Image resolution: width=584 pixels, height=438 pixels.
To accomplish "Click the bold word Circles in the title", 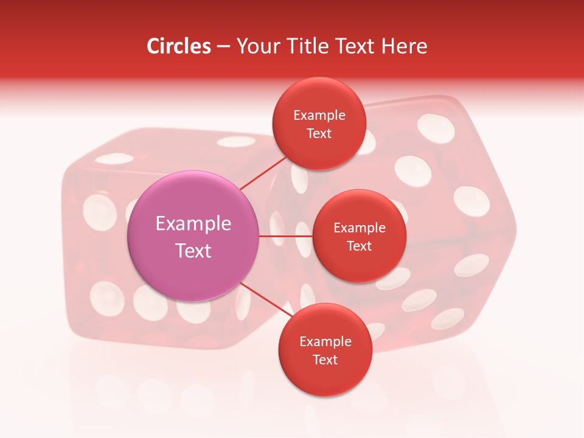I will (x=179, y=46).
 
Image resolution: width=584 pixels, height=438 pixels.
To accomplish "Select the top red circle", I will (x=319, y=97).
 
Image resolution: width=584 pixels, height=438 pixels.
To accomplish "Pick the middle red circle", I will (x=359, y=268).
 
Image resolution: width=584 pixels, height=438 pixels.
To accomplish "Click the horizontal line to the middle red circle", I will (x=285, y=236).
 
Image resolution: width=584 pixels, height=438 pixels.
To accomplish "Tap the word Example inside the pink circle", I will (x=193, y=223).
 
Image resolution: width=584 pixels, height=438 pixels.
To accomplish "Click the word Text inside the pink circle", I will (x=193, y=251).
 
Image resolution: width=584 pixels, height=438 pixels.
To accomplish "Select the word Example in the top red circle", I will (x=319, y=116).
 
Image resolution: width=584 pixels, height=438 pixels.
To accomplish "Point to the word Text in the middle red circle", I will (x=359, y=246).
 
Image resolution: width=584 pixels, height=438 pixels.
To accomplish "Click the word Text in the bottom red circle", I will (x=325, y=360).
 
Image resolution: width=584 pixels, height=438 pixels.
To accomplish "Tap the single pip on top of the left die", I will (x=235, y=142).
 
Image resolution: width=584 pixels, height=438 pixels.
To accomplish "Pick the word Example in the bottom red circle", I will (x=325, y=342).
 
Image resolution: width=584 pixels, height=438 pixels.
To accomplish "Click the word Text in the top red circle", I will (x=319, y=134).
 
